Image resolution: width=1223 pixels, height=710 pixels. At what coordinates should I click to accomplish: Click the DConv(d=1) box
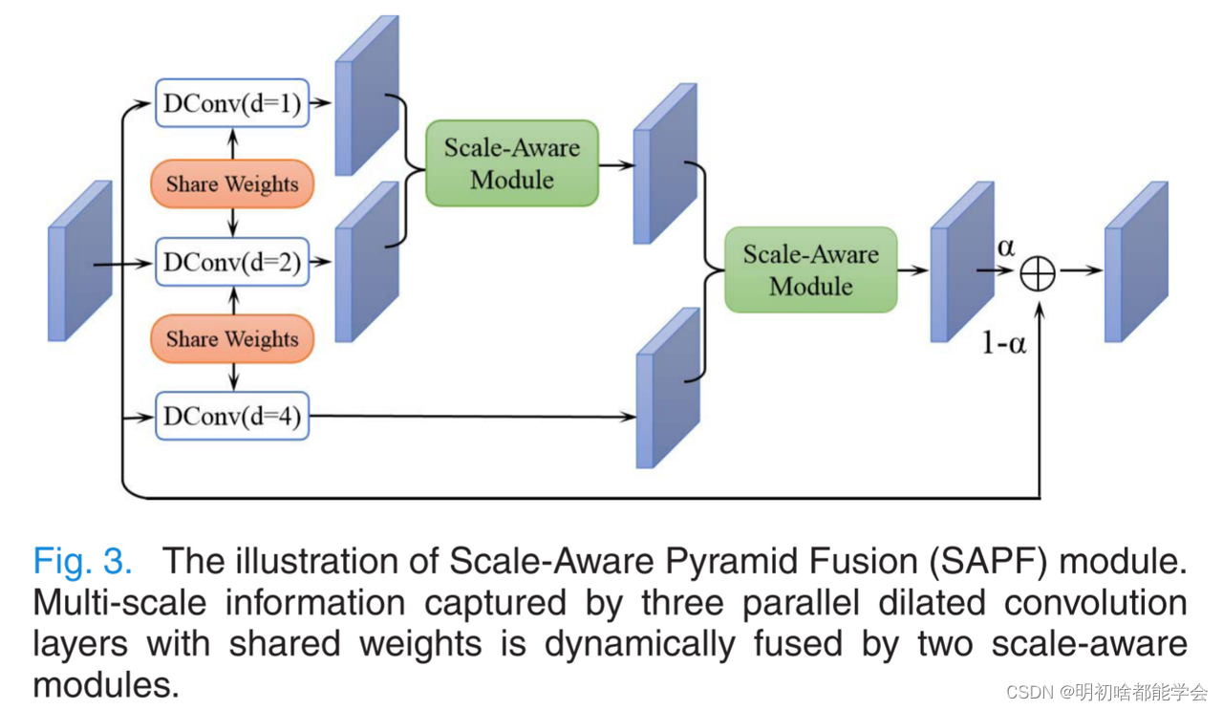(232, 103)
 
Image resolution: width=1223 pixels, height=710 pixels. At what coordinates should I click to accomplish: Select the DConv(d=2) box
(232, 261)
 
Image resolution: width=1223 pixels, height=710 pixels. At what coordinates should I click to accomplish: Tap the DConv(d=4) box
(232, 416)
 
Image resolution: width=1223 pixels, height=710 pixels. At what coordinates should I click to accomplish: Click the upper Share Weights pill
(232, 183)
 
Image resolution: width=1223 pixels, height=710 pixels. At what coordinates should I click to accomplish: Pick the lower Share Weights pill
(232, 338)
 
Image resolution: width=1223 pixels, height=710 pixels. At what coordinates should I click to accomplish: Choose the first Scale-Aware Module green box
(512, 163)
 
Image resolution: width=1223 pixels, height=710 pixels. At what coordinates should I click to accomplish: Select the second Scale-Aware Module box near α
(810, 269)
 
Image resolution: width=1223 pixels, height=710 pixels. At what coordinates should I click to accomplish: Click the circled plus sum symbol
(1038, 273)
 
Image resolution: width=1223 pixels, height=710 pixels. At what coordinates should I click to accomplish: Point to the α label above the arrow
(1006, 247)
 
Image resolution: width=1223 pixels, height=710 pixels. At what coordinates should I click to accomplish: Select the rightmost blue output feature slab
(1136, 262)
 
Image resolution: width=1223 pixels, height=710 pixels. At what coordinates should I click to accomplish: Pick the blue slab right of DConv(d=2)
(367, 261)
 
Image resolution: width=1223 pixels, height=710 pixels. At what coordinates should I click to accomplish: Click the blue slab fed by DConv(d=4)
(668, 388)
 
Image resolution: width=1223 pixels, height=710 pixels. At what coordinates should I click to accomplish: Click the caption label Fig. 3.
(83, 560)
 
